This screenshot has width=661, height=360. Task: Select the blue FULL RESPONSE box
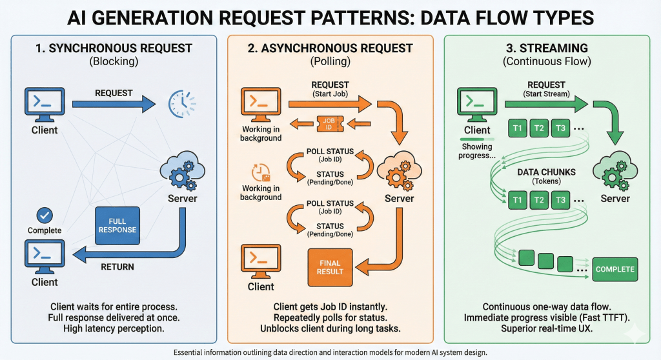point(117,225)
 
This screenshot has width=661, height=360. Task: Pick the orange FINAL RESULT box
point(330,266)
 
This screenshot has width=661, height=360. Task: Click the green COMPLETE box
point(615,268)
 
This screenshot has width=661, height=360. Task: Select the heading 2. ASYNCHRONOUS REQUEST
point(330,48)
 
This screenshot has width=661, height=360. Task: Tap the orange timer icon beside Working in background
point(259,173)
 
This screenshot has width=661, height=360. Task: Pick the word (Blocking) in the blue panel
point(114,63)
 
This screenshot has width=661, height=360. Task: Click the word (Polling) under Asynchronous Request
point(330,63)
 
